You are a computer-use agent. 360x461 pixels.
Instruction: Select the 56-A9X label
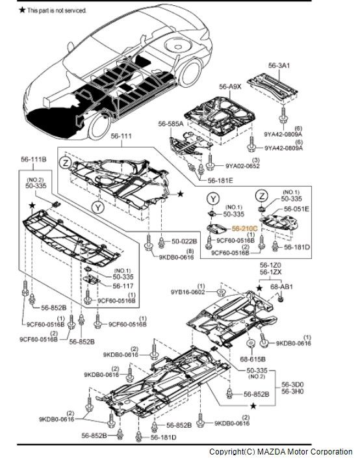click(230, 86)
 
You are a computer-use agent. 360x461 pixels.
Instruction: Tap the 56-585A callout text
click(171, 123)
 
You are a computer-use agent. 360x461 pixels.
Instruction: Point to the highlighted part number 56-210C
click(245, 229)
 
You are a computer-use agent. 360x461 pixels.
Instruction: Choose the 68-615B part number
click(253, 357)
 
